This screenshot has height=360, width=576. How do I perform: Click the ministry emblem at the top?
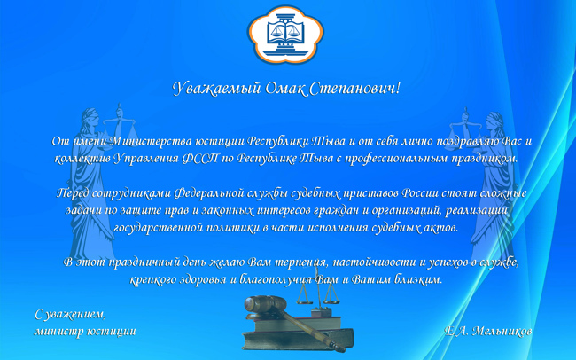286,35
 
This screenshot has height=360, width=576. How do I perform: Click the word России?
419,193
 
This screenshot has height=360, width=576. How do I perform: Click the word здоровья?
203,280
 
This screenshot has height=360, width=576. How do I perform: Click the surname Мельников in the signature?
502,332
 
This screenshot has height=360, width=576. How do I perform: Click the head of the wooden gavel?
265,303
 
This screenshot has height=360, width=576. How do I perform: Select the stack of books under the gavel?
298,333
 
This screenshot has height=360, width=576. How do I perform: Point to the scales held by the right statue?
463,129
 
